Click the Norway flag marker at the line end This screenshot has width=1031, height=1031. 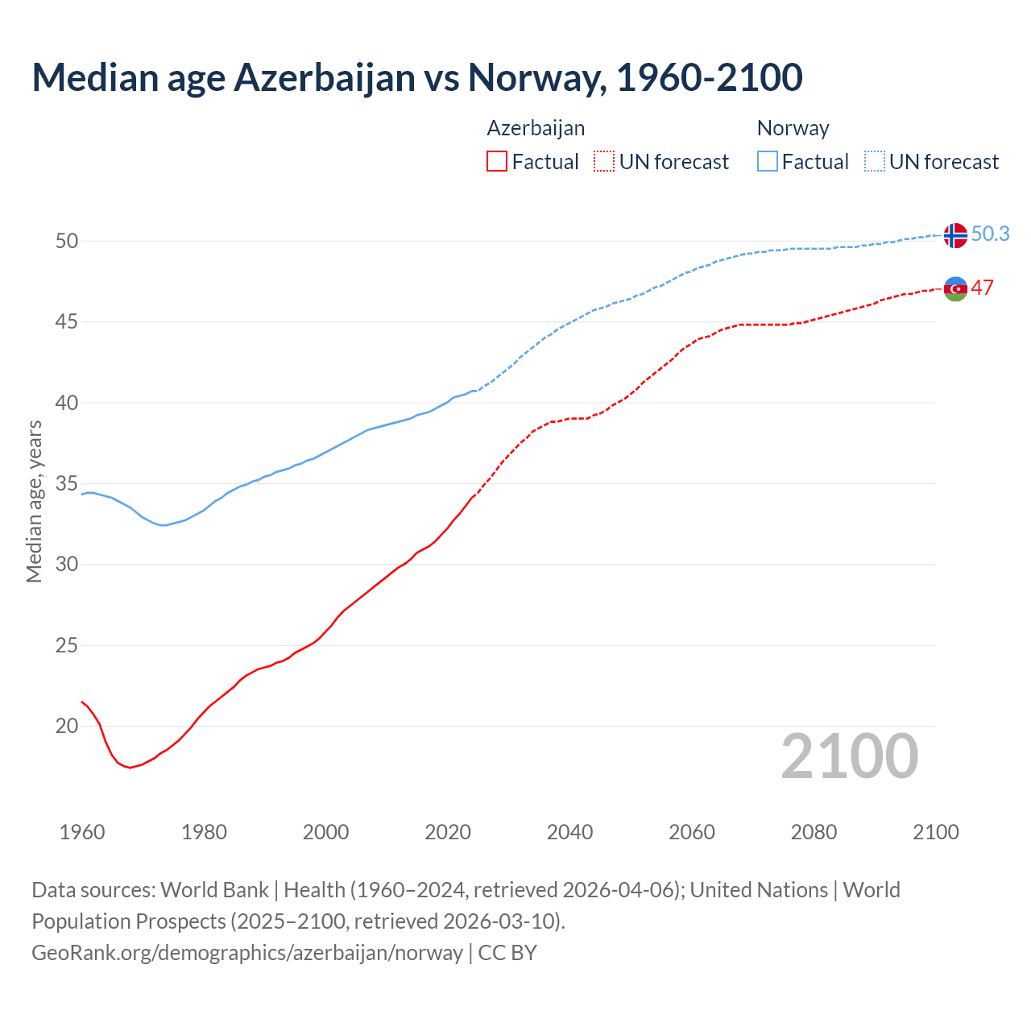[x=955, y=235]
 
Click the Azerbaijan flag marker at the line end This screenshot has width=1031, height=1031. [x=955, y=288]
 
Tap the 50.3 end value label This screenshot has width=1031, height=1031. [x=990, y=234]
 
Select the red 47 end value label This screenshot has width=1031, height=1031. [x=982, y=288]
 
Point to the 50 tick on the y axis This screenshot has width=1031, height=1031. [x=67, y=241]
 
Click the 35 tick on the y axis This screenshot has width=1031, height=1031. [x=67, y=483]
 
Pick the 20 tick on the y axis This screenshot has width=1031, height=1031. [x=67, y=726]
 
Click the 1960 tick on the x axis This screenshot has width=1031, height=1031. [x=82, y=832]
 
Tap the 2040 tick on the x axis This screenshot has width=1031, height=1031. [x=569, y=832]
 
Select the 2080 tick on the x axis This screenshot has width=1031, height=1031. [x=814, y=832]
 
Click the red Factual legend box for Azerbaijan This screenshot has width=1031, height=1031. [x=497, y=162]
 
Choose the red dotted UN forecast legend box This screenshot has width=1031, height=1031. [x=604, y=162]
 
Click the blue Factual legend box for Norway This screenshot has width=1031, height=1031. [x=768, y=162]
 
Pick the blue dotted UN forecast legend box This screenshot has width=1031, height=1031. [x=874, y=162]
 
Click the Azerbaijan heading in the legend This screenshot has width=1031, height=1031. [x=536, y=128]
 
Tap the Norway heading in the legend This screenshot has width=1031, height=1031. [x=793, y=128]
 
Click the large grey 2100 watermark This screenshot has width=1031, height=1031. [x=849, y=756]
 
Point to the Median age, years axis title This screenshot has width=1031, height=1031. [x=34, y=501]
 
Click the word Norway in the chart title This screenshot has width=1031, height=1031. [x=536, y=77]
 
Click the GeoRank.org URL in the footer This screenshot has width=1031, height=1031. [x=247, y=952]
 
